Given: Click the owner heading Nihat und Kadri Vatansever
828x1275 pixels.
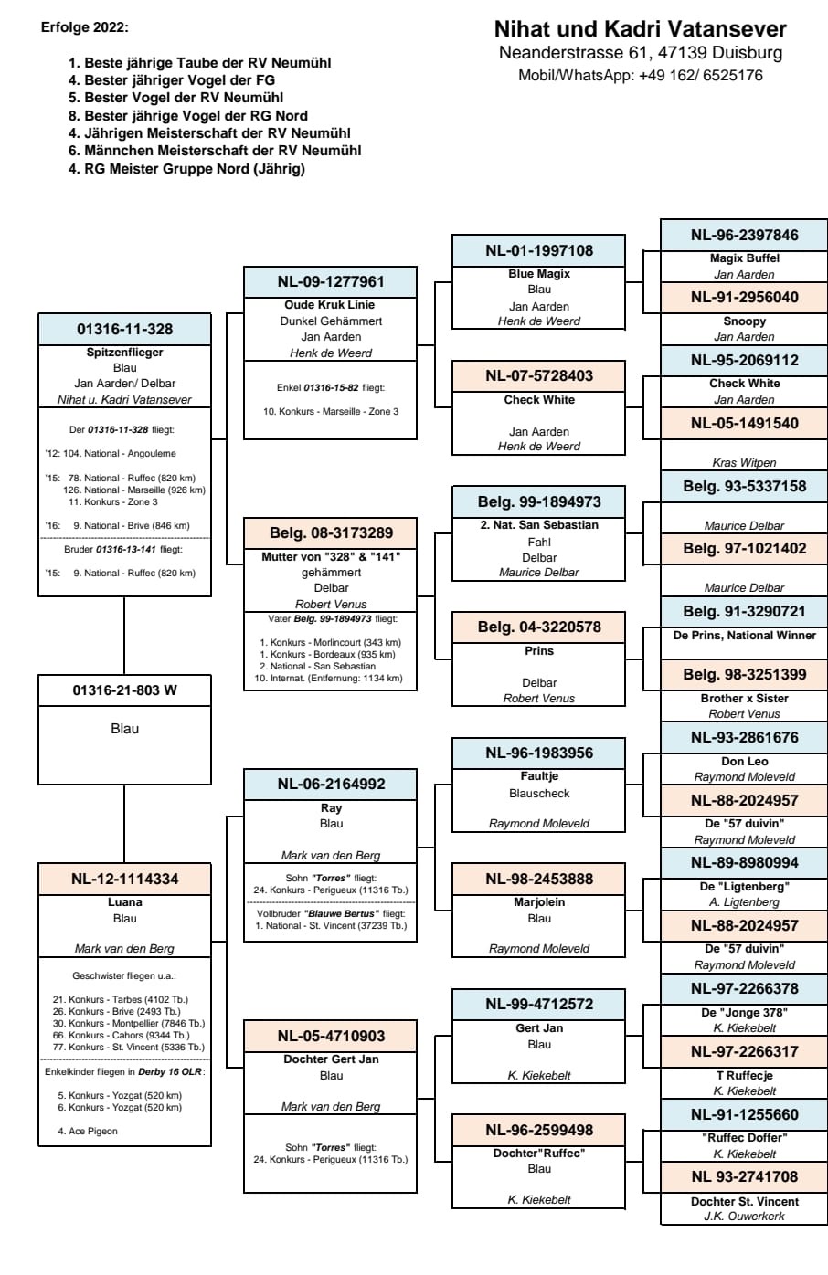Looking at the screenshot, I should (x=640, y=29).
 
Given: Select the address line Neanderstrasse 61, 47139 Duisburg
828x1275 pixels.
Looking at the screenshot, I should (x=640, y=53).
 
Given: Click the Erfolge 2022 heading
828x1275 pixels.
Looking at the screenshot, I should (x=85, y=27).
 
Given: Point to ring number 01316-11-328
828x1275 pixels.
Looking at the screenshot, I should (x=124, y=329).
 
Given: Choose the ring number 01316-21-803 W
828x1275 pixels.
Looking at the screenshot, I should (x=124, y=690).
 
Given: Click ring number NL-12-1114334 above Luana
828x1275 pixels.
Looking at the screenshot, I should (x=124, y=879).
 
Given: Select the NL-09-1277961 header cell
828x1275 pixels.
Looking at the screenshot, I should (x=331, y=281).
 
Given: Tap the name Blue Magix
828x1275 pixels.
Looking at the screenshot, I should (x=539, y=273).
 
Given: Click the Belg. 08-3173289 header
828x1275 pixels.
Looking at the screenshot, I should (x=331, y=532).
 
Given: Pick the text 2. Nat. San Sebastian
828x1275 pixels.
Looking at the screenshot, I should (x=539, y=525).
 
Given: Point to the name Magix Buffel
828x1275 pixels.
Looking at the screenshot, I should (x=744, y=258).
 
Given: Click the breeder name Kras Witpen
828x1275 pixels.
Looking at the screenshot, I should (x=744, y=463).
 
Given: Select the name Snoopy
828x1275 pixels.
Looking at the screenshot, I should (x=744, y=321).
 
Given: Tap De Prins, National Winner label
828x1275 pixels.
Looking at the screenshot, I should (x=744, y=636).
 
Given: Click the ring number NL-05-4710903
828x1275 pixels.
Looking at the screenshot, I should (x=331, y=1036).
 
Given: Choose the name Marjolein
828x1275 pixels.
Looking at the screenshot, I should (x=539, y=902).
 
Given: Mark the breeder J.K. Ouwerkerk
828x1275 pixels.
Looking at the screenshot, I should (x=744, y=1216).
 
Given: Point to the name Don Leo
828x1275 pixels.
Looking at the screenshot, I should (x=744, y=762).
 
